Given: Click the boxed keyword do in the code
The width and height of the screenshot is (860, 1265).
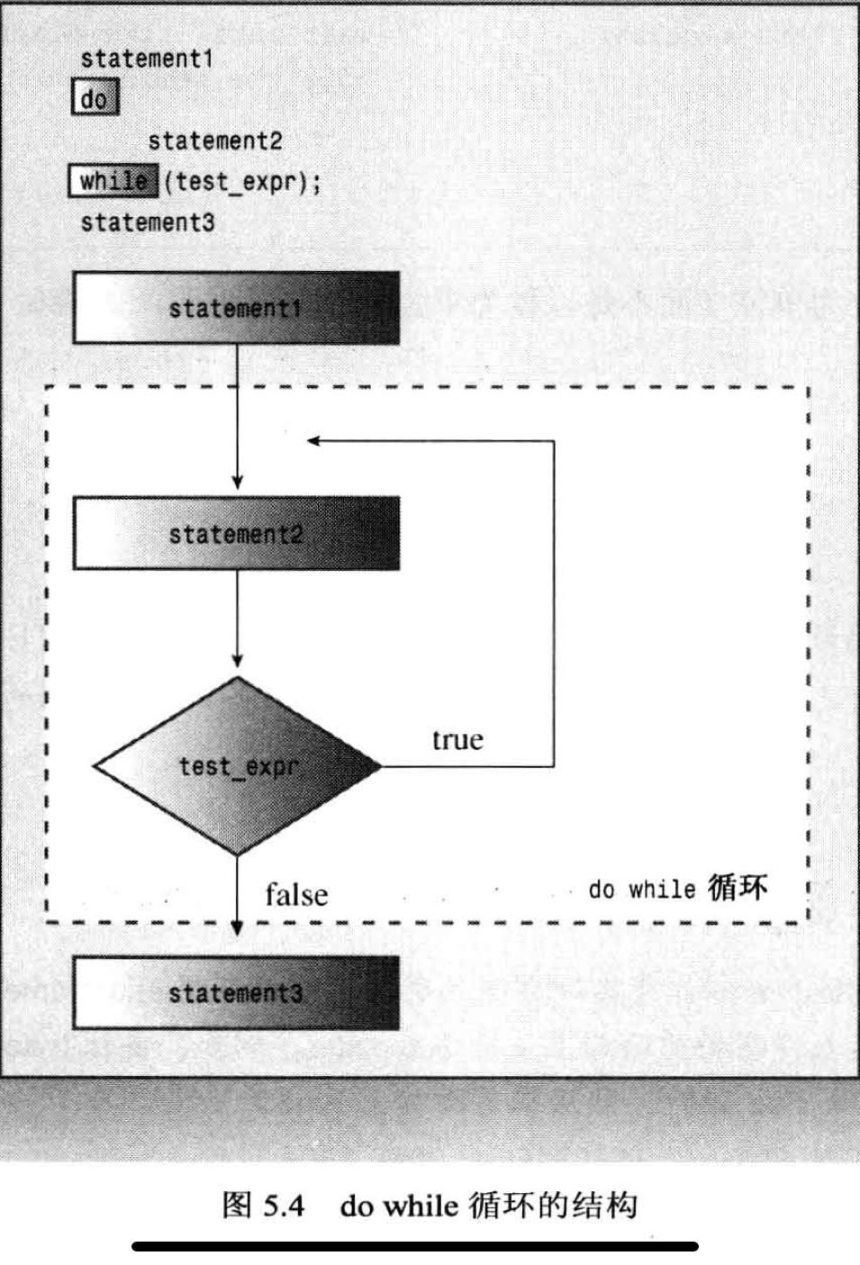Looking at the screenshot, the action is point(95,98).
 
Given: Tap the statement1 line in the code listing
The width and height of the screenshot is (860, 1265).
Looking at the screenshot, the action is point(146,59).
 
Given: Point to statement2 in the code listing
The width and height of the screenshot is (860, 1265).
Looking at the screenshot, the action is point(214,140).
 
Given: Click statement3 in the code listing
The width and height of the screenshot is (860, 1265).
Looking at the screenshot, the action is point(148,222).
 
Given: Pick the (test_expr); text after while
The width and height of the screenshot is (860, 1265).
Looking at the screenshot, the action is point(241,182).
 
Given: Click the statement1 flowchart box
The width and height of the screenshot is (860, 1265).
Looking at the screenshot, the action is point(236,309).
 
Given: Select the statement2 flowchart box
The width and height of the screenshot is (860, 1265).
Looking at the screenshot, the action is point(236,534).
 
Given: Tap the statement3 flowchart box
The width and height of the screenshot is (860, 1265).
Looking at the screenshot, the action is point(236,993).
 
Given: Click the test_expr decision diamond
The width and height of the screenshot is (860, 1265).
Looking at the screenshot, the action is point(238,766).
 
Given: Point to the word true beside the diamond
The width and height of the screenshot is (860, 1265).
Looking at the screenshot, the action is point(457,740).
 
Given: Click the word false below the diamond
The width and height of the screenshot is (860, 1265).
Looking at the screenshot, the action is point(296,895).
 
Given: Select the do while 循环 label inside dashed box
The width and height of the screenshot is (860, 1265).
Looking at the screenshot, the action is point(678,889).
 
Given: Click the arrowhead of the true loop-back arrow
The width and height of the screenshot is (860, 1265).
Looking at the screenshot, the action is point(313,440).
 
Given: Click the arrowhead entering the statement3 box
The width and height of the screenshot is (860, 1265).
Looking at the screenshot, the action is point(238,926).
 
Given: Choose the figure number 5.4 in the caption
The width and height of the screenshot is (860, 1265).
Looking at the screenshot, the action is point(285,1206).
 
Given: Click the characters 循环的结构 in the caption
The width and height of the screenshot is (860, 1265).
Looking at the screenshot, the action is point(553,1206).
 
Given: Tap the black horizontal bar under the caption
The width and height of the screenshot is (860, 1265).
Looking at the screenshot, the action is point(414,1246).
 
